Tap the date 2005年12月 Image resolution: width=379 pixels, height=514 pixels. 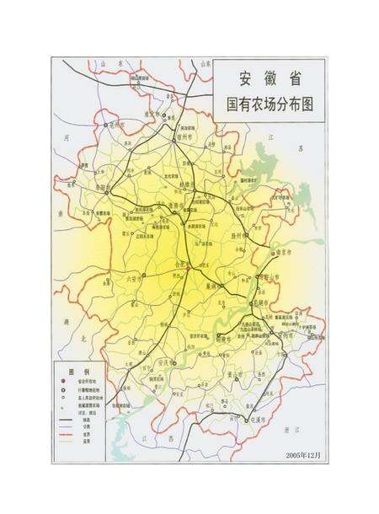tap(302, 455)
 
